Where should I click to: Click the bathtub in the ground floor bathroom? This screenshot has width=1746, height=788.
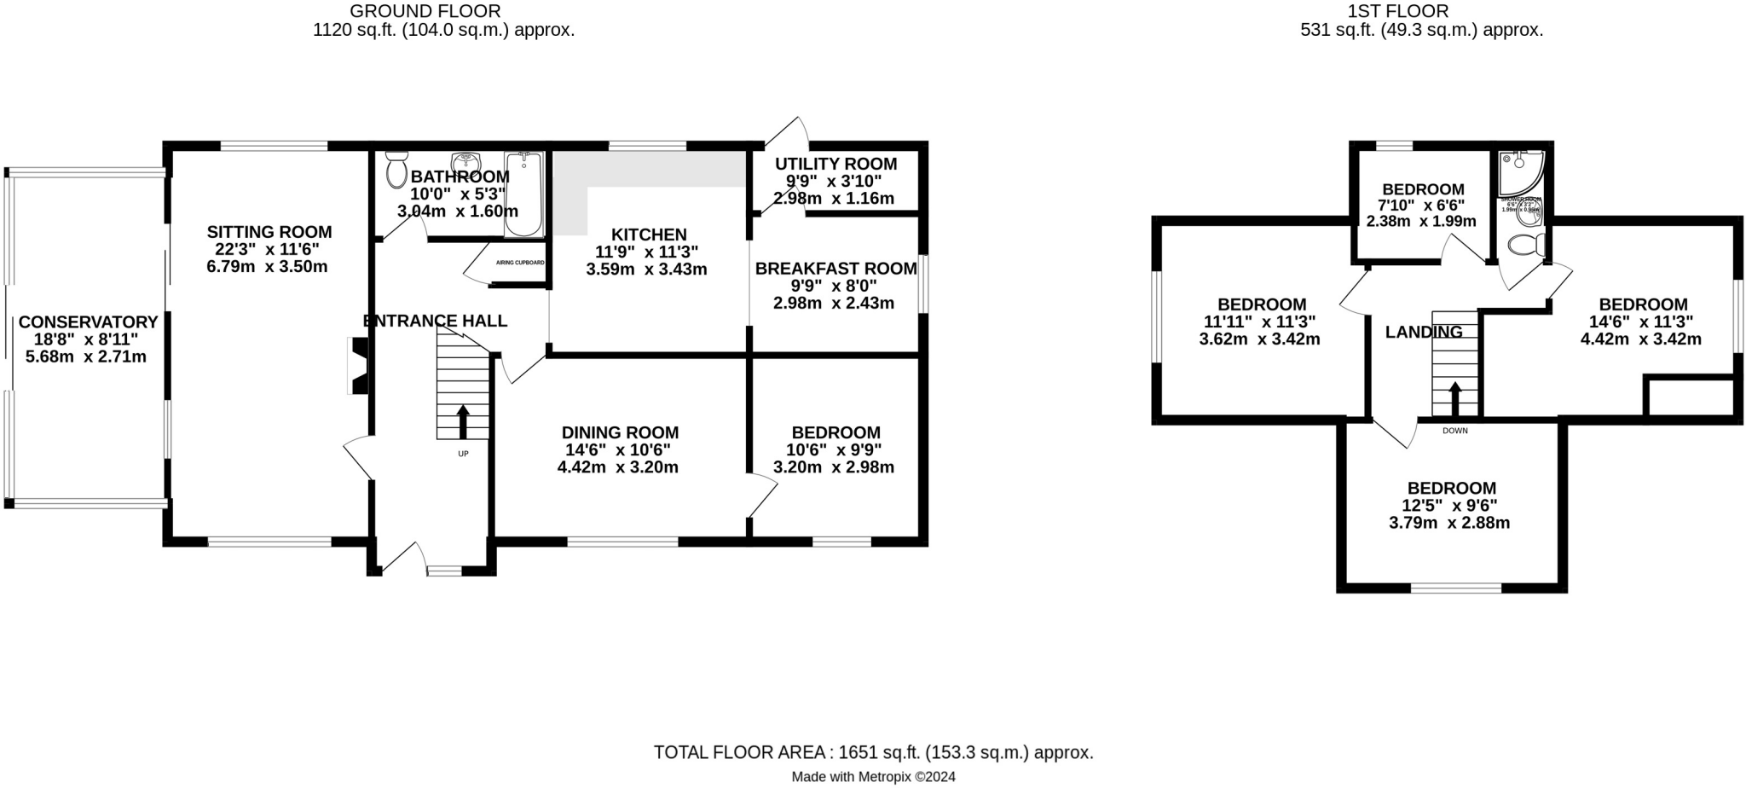point(523,194)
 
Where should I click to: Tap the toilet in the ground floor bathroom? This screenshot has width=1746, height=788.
point(396,171)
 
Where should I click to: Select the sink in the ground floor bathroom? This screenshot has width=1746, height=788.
point(465,161)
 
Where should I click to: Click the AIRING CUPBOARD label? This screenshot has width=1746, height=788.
point(520,263)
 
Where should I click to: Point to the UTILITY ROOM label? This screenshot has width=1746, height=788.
point(835,164)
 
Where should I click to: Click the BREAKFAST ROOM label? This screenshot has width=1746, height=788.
point(835,269)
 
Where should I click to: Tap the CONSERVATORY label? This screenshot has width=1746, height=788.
point(88,322)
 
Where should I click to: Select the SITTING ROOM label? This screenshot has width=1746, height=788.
point(269,232)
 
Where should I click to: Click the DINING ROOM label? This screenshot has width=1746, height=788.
point(620,433)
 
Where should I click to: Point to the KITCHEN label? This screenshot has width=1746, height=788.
point(649,235)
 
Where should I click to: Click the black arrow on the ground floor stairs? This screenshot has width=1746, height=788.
point(463,421)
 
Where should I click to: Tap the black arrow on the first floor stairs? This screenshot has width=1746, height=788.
point(1454,397)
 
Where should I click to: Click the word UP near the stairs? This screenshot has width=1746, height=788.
point(463,454)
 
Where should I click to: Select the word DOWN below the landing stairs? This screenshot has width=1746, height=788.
point(1455,431)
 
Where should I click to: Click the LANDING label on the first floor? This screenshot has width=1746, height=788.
point(1424,332)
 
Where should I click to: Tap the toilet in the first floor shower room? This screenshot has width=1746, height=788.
point(1526,246)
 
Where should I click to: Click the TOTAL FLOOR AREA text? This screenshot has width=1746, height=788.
point(873,752)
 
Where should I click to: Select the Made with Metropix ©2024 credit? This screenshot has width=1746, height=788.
point(873,777)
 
